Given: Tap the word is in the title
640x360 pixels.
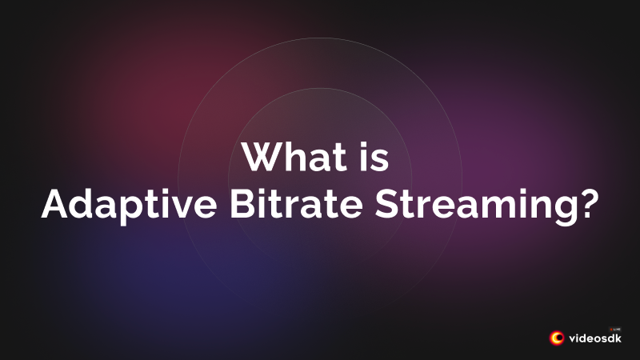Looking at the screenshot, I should coord(371,157).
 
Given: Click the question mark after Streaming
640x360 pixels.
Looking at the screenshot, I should coord(587,206).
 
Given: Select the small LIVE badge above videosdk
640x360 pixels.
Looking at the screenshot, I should coord(616,328).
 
